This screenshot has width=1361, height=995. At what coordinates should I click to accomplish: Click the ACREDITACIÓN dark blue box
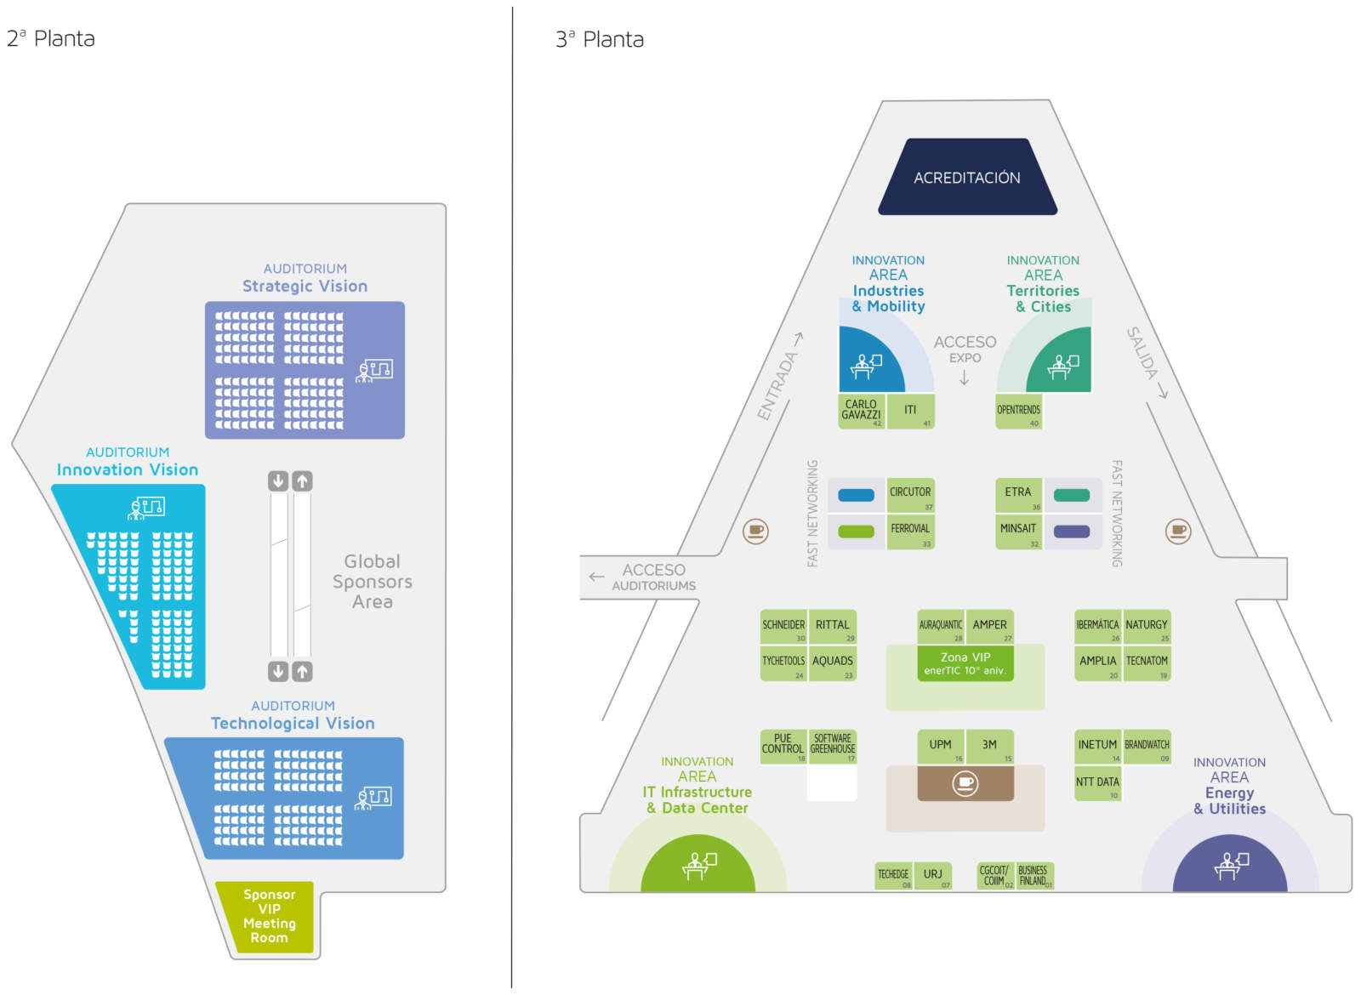(x=967, y=177)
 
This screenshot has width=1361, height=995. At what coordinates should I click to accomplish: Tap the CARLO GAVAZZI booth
(x=861, y=410)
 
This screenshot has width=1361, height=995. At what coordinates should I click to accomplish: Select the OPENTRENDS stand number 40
(x=1018, y=411)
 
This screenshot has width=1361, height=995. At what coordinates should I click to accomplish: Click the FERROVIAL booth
(x=910, y=531)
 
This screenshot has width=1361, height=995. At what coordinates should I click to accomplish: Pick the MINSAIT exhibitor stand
(x=1018, y=531)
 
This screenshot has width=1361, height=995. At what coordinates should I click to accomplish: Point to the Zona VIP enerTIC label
(x=965, y=663)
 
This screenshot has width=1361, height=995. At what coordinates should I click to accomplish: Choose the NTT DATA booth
(x=1097, y=783)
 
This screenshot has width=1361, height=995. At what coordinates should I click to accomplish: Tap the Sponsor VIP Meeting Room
(x=269, y=916)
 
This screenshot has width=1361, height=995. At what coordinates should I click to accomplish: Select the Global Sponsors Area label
(x=373, y=582)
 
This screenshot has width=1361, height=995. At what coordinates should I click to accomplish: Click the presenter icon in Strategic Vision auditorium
(x=374, y=370)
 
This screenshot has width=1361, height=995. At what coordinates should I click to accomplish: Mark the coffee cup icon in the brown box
(x=965, y=782)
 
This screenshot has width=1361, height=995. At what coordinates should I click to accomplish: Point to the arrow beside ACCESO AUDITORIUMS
(x=596, y=577)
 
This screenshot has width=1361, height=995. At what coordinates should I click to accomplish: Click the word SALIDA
(x=1142, y=353)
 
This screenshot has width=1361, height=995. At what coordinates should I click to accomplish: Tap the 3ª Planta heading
(x=600, y=39)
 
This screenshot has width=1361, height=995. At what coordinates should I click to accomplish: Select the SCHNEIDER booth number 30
(x=783, y=627)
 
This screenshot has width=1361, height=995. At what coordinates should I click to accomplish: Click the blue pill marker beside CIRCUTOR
(x=856, y=495)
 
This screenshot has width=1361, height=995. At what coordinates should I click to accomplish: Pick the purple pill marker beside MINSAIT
(x=1072, y=532)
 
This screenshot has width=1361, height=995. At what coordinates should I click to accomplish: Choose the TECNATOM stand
(x=1147, y=662)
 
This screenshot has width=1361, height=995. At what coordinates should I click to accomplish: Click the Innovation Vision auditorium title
(x=128, y=469)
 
